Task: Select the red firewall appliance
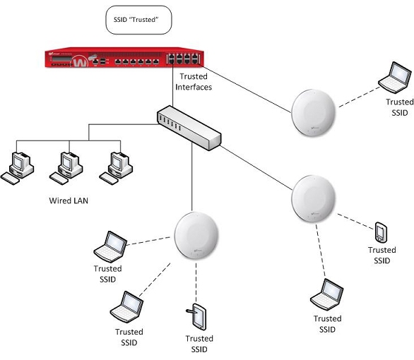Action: (x=124, y=59)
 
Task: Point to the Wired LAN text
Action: (x=69, y=200)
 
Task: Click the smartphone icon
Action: (x=381, y=231)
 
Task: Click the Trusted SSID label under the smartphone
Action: (x=382, y=255)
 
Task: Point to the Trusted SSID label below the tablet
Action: (x=199, y=344)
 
